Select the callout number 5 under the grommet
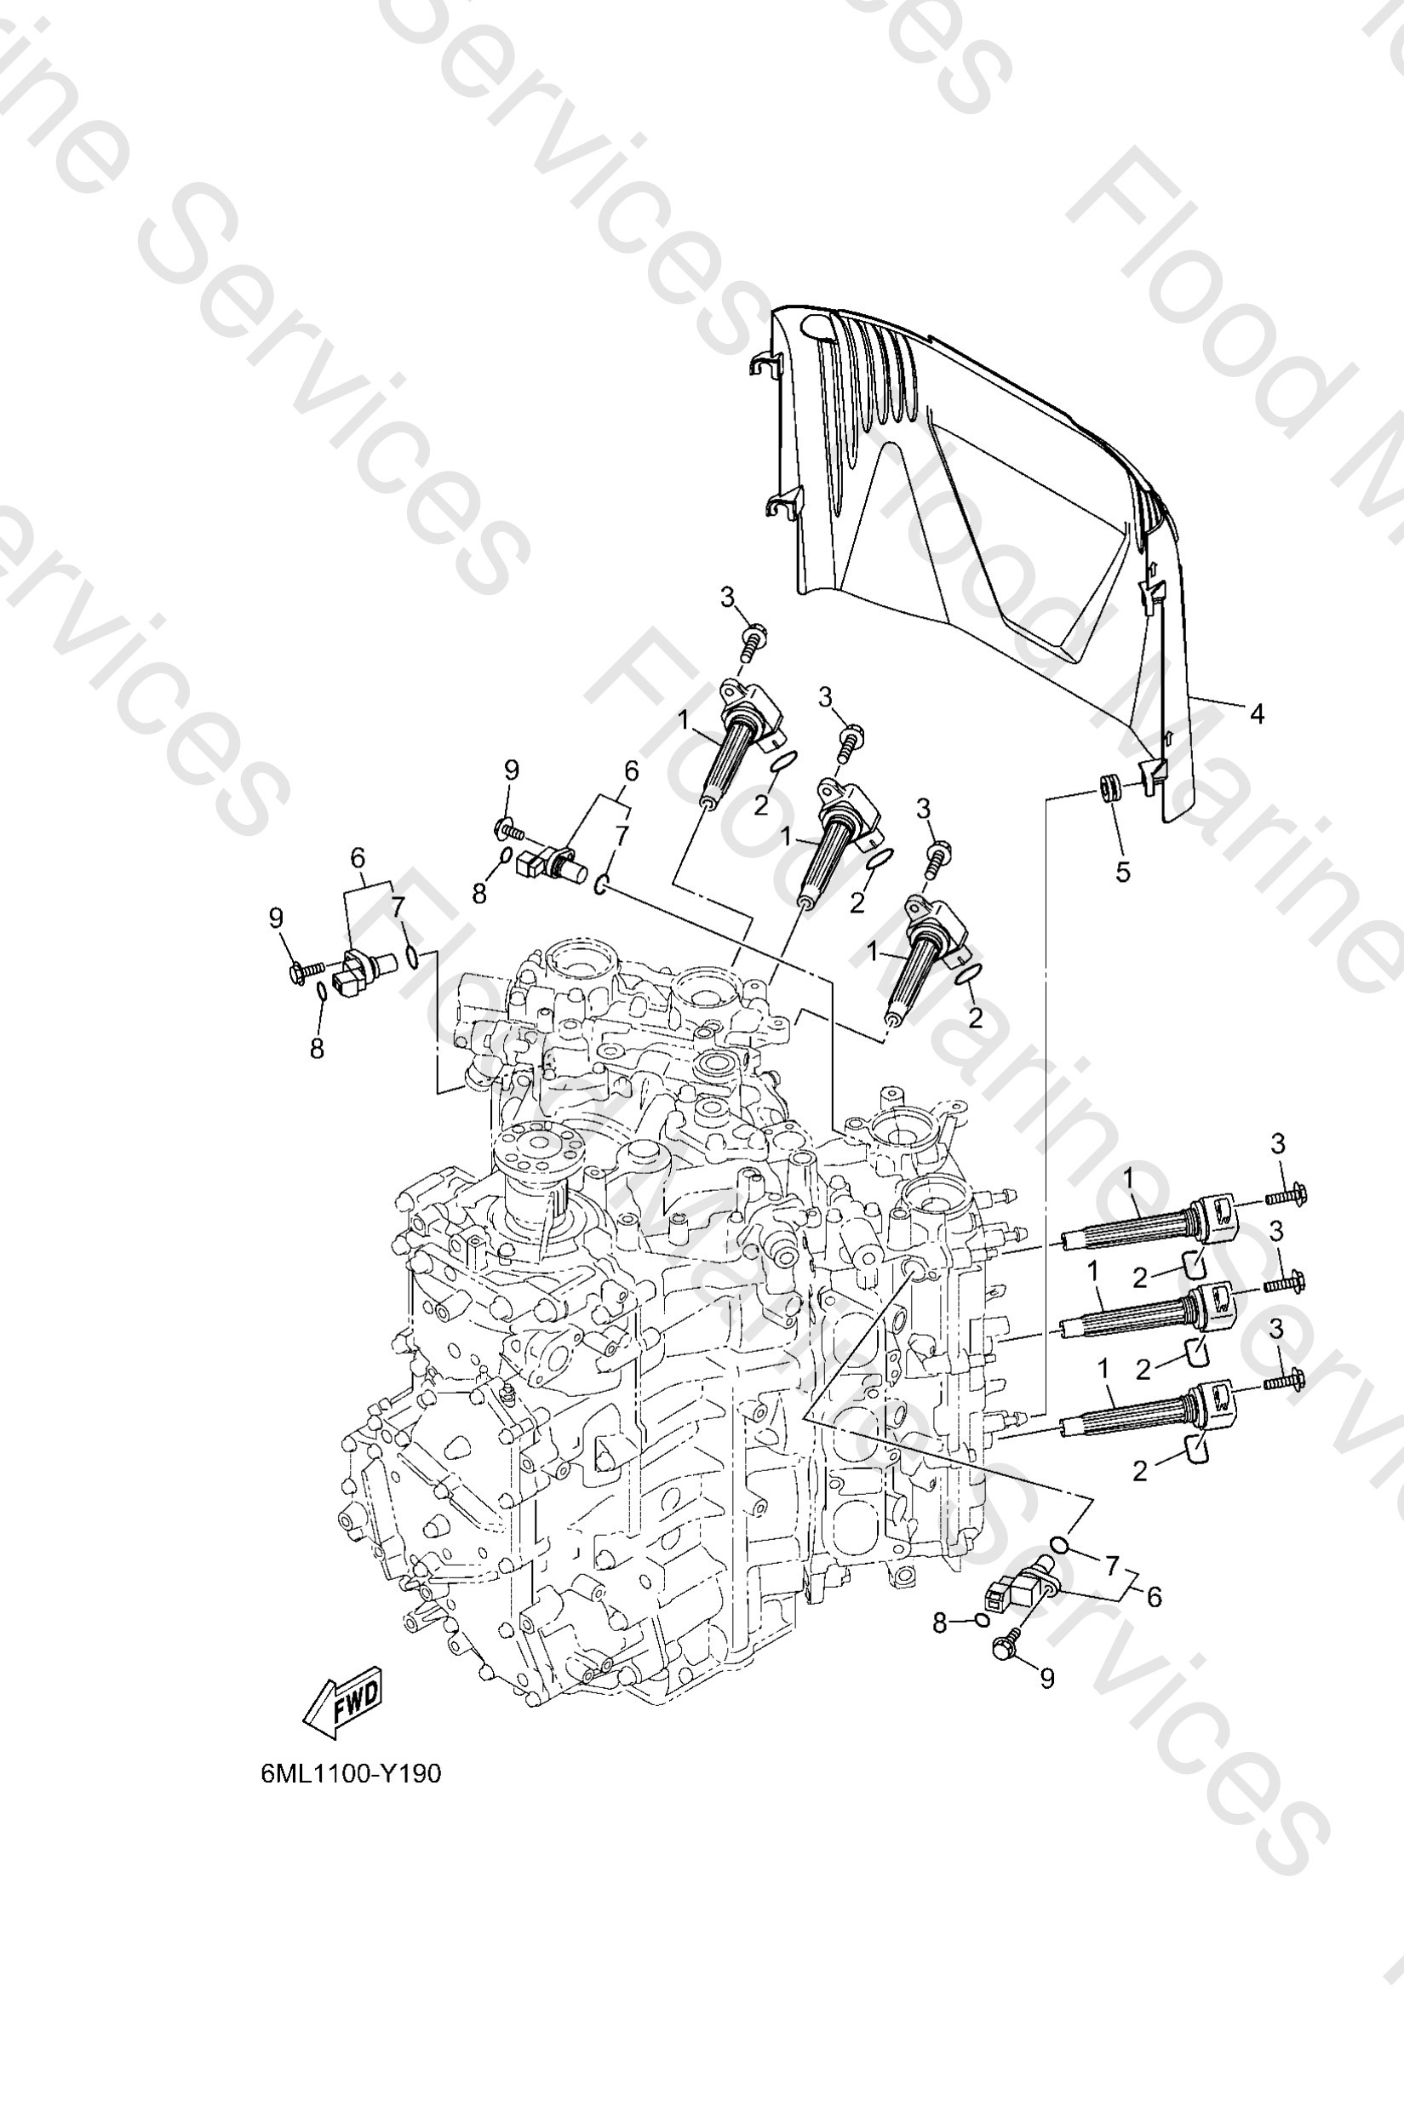tap(1123, 871)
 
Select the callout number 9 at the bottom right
tap(1046, 1679)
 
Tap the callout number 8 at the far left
tap(317, 1049)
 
